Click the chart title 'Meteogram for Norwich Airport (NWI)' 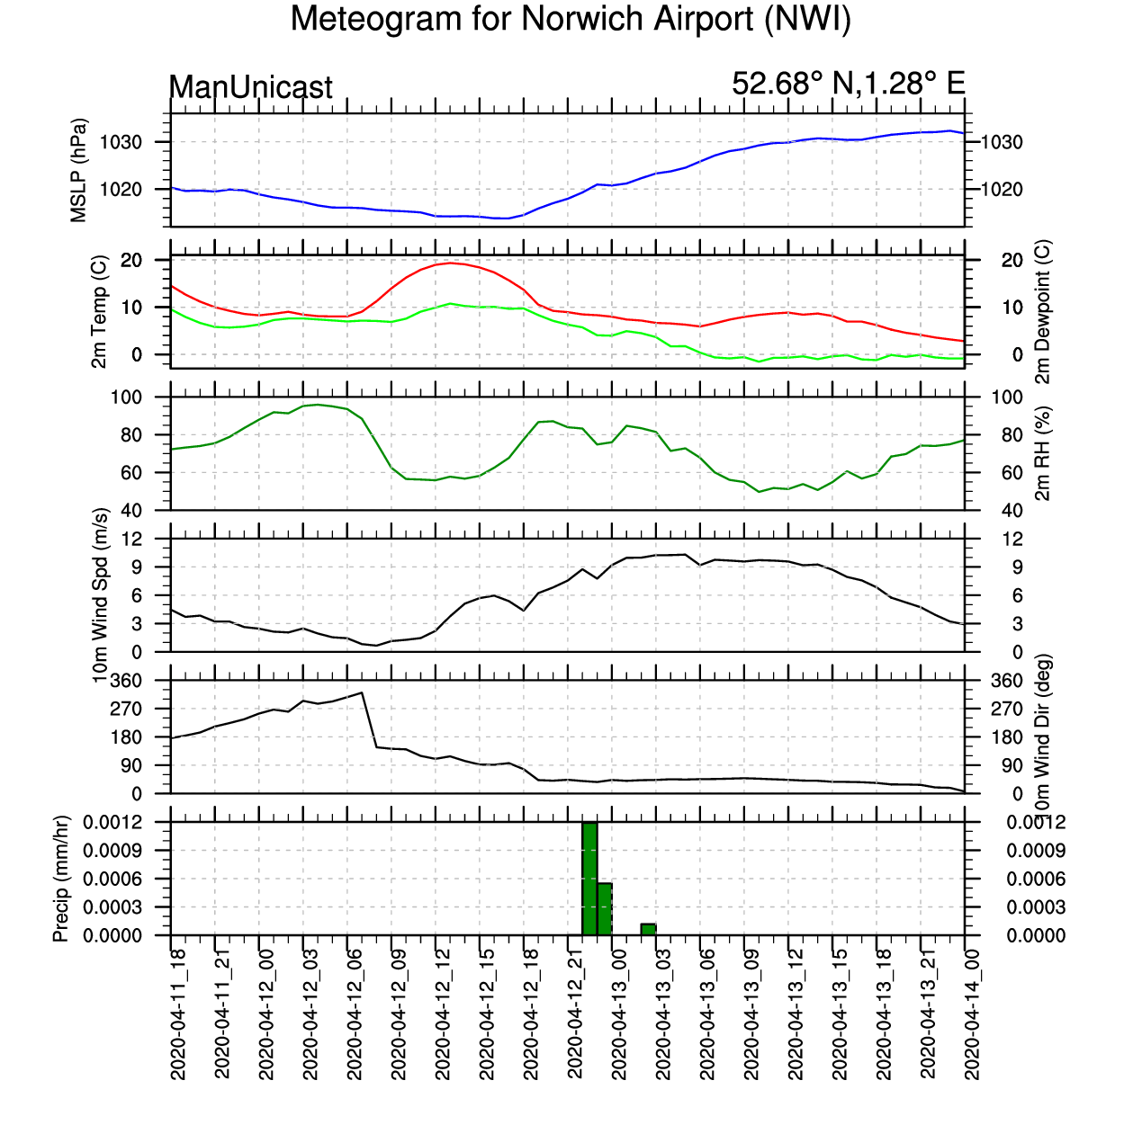tap(571, 19)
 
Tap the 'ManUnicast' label tap(250, 87)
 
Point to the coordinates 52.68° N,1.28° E tap(848, 83)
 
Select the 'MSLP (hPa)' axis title tap(78, 171)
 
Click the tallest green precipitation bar tap(589, 878)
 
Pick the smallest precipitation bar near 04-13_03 tap(648, 929)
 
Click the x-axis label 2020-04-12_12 tap(443, 1014)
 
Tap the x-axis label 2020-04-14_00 tap(972, 1014)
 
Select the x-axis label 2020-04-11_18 tap(177, 1014)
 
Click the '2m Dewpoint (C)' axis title tap(1042, 311)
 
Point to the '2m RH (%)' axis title tap(1042, 453)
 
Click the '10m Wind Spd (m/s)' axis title tap(100, 595)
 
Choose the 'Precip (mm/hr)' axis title tap(60, 879)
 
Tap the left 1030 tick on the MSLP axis tap(121, 142)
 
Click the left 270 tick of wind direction tap(127, 709)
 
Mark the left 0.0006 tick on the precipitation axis tap(112, 879)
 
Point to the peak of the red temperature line tap(451, 263)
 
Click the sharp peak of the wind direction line tap(362, 692)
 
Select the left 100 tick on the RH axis tap(127, 397)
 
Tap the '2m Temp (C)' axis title tap(99, 311)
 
